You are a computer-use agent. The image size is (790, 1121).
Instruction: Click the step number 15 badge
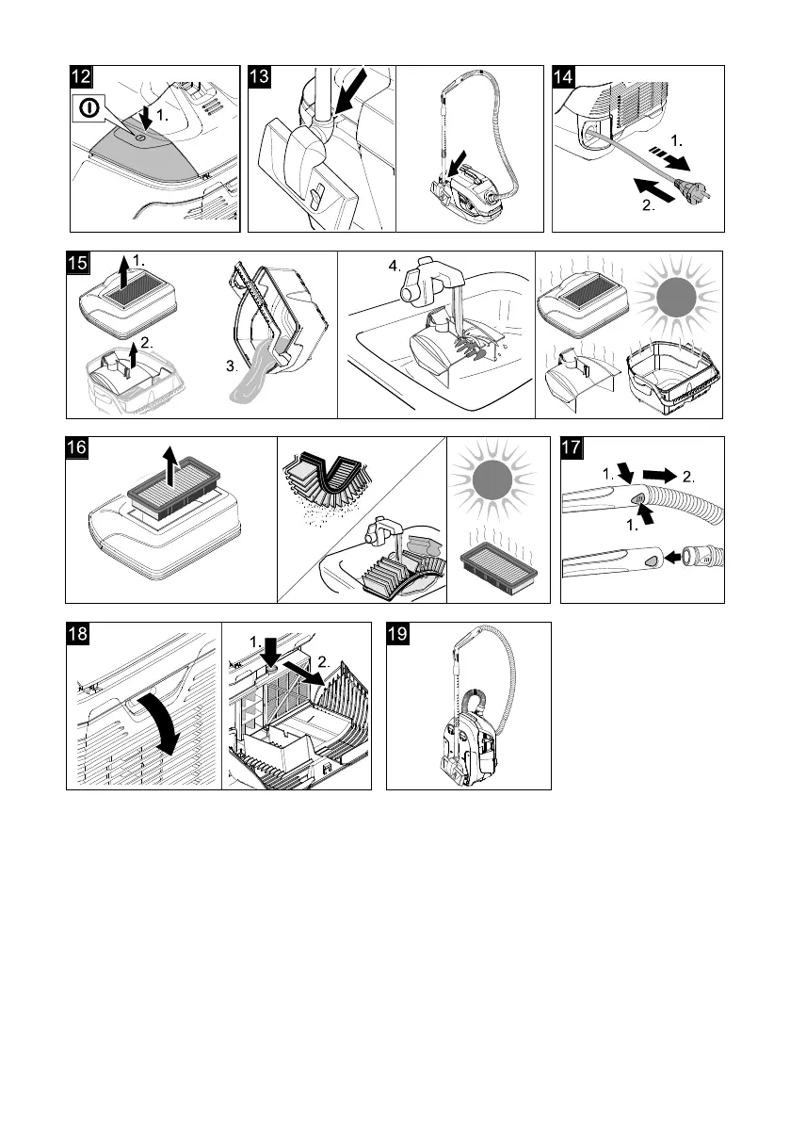[x=78, y=264]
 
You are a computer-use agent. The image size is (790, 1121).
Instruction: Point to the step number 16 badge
[x=78, y=448]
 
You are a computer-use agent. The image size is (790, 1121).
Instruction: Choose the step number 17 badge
[x=573, y=448]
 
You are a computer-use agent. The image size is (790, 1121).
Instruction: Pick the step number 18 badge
[x=78, y=635]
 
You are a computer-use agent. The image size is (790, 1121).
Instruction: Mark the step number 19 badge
[x=399, y=635]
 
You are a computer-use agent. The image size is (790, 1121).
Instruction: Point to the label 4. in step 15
[x=393, y=267]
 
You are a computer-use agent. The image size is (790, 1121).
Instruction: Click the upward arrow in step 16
[x=169, y=465]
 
